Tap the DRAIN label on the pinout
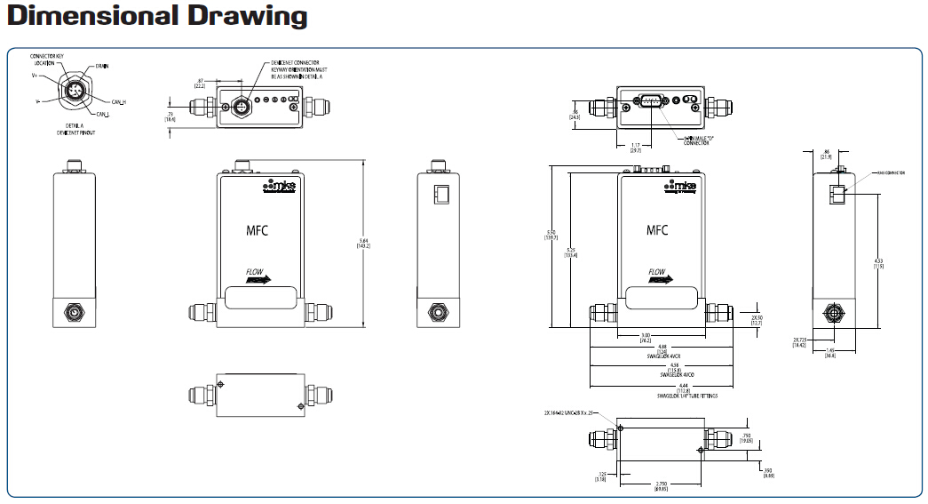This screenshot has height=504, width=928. (102, 66)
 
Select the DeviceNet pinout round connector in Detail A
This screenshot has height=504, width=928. (72, 91)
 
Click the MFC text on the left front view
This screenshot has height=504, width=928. (257, 230)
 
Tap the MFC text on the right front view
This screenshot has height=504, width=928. (656, 230)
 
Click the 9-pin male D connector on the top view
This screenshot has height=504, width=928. (649, 103)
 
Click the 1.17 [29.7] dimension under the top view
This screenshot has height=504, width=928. (636, 148)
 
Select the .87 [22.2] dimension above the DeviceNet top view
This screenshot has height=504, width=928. (200, 84)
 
